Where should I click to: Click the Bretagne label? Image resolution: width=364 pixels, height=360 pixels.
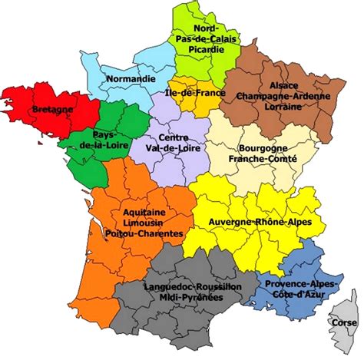pos(52,110)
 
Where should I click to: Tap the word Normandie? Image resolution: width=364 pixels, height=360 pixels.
pos(130,78)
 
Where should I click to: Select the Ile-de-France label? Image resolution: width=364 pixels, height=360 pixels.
pos(194,93)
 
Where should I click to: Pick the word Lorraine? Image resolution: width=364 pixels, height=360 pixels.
pos(283,108)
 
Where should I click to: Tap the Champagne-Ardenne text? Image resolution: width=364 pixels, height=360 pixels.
pos(283,97)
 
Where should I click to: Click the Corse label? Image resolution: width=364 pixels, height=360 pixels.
pos(341,323)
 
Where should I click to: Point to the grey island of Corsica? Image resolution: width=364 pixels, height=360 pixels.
pos(346,307)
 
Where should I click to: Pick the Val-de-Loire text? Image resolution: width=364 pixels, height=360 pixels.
pos(173,149)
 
